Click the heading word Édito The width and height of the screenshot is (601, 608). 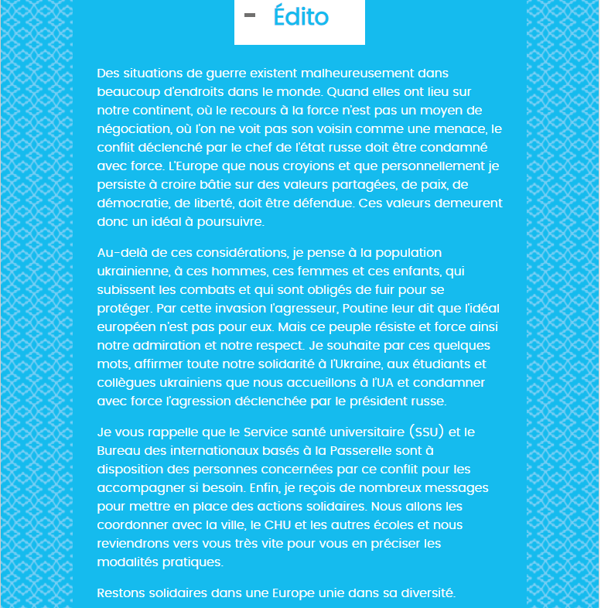[301, 17]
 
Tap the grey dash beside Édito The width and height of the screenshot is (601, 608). [250, 15]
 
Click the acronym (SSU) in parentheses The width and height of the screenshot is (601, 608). [428, 432]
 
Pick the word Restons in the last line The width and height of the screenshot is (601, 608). [121, 593]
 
